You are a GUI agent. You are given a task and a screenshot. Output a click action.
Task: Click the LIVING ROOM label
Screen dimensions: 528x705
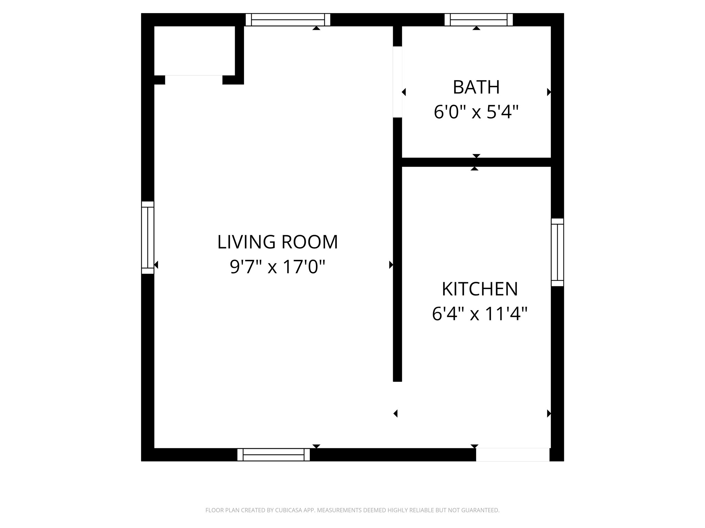point(277,242)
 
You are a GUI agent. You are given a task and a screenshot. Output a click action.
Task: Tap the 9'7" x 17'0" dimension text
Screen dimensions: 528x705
point(277,267)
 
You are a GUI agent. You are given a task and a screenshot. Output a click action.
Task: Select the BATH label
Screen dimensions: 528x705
point(476,87)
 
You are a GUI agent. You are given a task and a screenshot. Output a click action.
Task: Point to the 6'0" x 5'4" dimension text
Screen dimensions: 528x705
point(476,112)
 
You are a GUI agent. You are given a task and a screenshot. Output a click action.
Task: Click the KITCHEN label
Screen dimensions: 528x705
point(480,289)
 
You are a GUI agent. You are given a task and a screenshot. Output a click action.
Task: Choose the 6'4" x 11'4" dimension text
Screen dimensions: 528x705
point(480,314)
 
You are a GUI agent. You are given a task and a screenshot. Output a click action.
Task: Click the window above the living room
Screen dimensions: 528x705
point(288,20)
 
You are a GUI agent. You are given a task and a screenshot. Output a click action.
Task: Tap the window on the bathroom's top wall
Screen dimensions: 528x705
point(478,20)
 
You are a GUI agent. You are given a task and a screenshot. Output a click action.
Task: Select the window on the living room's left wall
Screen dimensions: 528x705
point(148,238)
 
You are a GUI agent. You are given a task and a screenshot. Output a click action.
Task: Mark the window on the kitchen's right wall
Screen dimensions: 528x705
point(557,252)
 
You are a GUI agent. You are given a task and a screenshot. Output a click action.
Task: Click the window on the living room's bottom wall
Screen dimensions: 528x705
point(274,454)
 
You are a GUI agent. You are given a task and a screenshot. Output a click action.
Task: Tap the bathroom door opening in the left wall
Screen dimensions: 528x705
point(398,82)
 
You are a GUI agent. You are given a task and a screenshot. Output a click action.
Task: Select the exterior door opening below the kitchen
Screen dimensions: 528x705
point(513,454)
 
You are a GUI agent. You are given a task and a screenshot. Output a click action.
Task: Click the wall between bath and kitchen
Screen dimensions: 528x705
point(476,162)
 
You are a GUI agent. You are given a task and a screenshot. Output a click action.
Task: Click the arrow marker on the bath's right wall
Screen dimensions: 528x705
point(549,92)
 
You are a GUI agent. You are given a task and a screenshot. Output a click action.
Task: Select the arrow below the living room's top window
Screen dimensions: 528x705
point(316,28)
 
